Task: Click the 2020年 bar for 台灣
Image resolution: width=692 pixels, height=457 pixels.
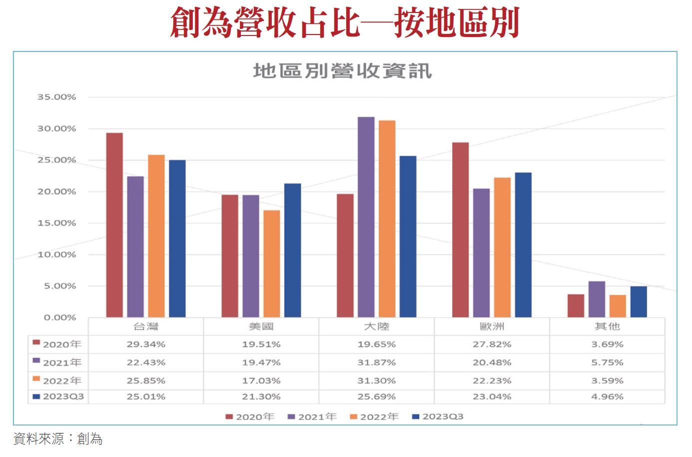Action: click(x=114, y=225)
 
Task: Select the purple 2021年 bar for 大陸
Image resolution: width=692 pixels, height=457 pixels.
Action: click(x=366, y=217)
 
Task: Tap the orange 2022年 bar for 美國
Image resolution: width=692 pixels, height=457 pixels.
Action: click(x=272, y=263)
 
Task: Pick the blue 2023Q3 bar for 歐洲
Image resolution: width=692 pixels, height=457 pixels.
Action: click(x=523, y=244)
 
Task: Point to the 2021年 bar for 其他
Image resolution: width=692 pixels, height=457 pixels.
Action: click(x=597, y=299)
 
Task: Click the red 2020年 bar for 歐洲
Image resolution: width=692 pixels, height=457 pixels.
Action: click(x=461, y=229)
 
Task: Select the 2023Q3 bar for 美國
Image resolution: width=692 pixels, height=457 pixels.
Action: click(x=293, y=250)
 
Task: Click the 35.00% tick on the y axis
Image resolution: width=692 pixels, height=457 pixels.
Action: click(x=57, y=97)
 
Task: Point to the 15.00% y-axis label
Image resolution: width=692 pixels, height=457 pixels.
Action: click(x=57, y=223)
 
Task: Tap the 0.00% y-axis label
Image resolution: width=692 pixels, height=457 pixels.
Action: click(x=60, y=317)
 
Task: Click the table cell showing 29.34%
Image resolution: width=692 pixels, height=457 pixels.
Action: click(x=146, y=344)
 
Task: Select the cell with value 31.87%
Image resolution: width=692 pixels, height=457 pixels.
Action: click(x=376, y=362)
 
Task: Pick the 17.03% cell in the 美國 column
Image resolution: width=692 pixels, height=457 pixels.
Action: click(x=261, y=380)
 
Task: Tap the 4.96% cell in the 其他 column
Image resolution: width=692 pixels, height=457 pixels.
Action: click(x=607, y=396)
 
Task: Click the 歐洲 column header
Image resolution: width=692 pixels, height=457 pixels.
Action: click(x=492, y=326)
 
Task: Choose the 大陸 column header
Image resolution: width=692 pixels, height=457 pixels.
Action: click(x=376, y=326)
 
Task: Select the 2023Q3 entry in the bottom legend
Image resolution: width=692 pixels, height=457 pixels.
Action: click(x=438, y=416)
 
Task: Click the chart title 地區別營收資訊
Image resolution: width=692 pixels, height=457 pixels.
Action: click(x=342, y=71)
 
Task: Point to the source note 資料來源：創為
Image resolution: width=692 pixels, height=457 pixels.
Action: click(x=58, y=438)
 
